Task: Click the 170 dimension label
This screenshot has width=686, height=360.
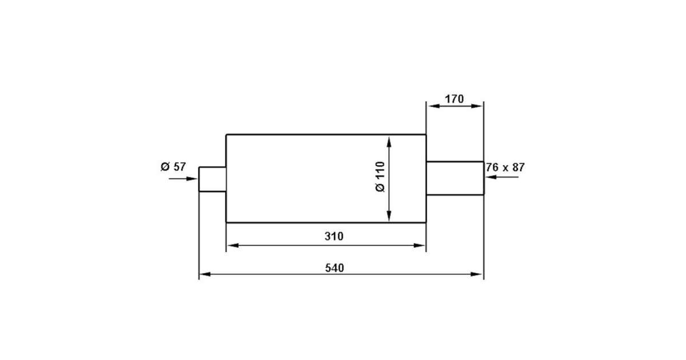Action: click(454, 99)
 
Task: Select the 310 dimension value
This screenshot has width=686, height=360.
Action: click(334, 237)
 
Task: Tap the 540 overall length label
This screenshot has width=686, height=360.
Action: click(334, 268)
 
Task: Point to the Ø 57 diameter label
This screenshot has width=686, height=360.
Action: click(173, 167)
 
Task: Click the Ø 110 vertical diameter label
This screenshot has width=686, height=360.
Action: click(380, 177)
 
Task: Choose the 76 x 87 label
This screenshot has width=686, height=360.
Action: click(505, 167)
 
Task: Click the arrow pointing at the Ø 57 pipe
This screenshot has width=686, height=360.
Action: click(183, 179)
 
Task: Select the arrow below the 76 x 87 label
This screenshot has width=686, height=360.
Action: click(502, 177)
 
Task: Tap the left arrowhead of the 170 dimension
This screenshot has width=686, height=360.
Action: click(434, 106)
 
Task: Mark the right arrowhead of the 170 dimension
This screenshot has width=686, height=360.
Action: click(477, 106)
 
